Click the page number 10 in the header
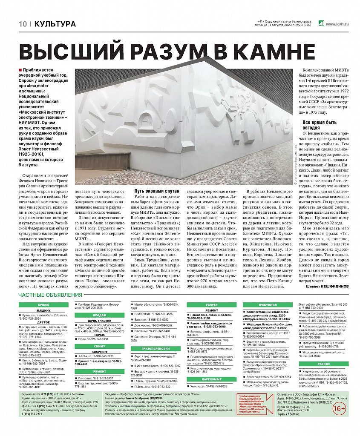tap(23, 24)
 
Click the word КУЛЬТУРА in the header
tap(55, 24)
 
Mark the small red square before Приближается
tap(20, 69)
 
